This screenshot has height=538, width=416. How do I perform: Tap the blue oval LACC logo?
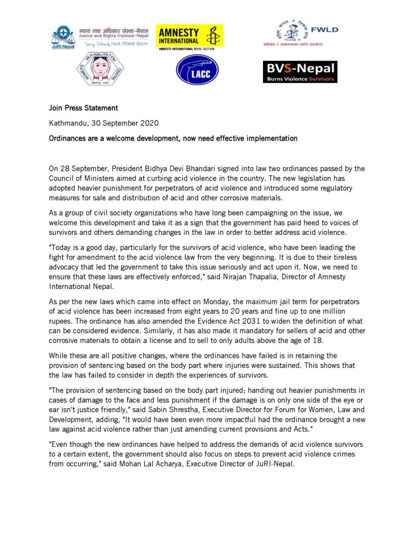[197, 69]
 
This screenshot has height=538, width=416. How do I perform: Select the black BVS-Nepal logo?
[300, 71]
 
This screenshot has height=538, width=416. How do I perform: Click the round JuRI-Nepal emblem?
[63, 36]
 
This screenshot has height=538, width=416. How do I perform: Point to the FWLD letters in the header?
[328, 30]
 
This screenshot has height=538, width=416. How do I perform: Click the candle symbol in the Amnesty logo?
[212, 36]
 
